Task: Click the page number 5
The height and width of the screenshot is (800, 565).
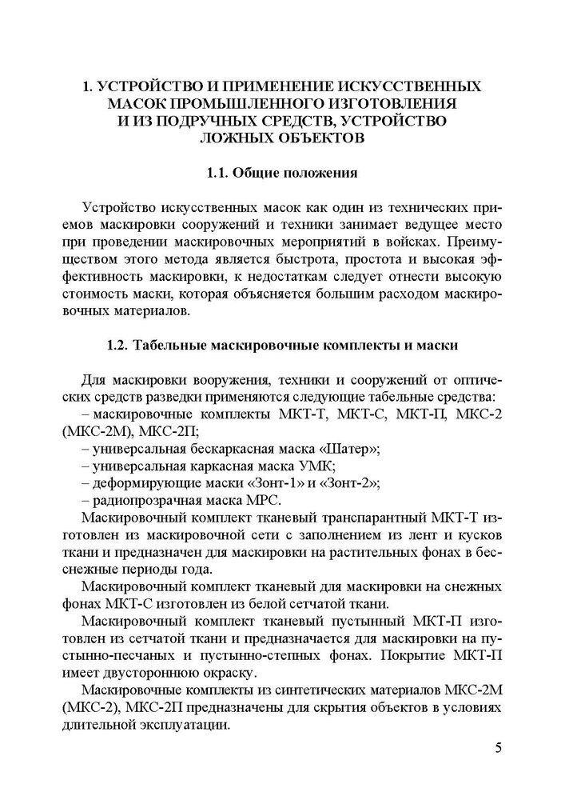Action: [x=498, y=749]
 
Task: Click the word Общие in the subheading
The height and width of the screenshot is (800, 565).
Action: [x=261, y=172]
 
